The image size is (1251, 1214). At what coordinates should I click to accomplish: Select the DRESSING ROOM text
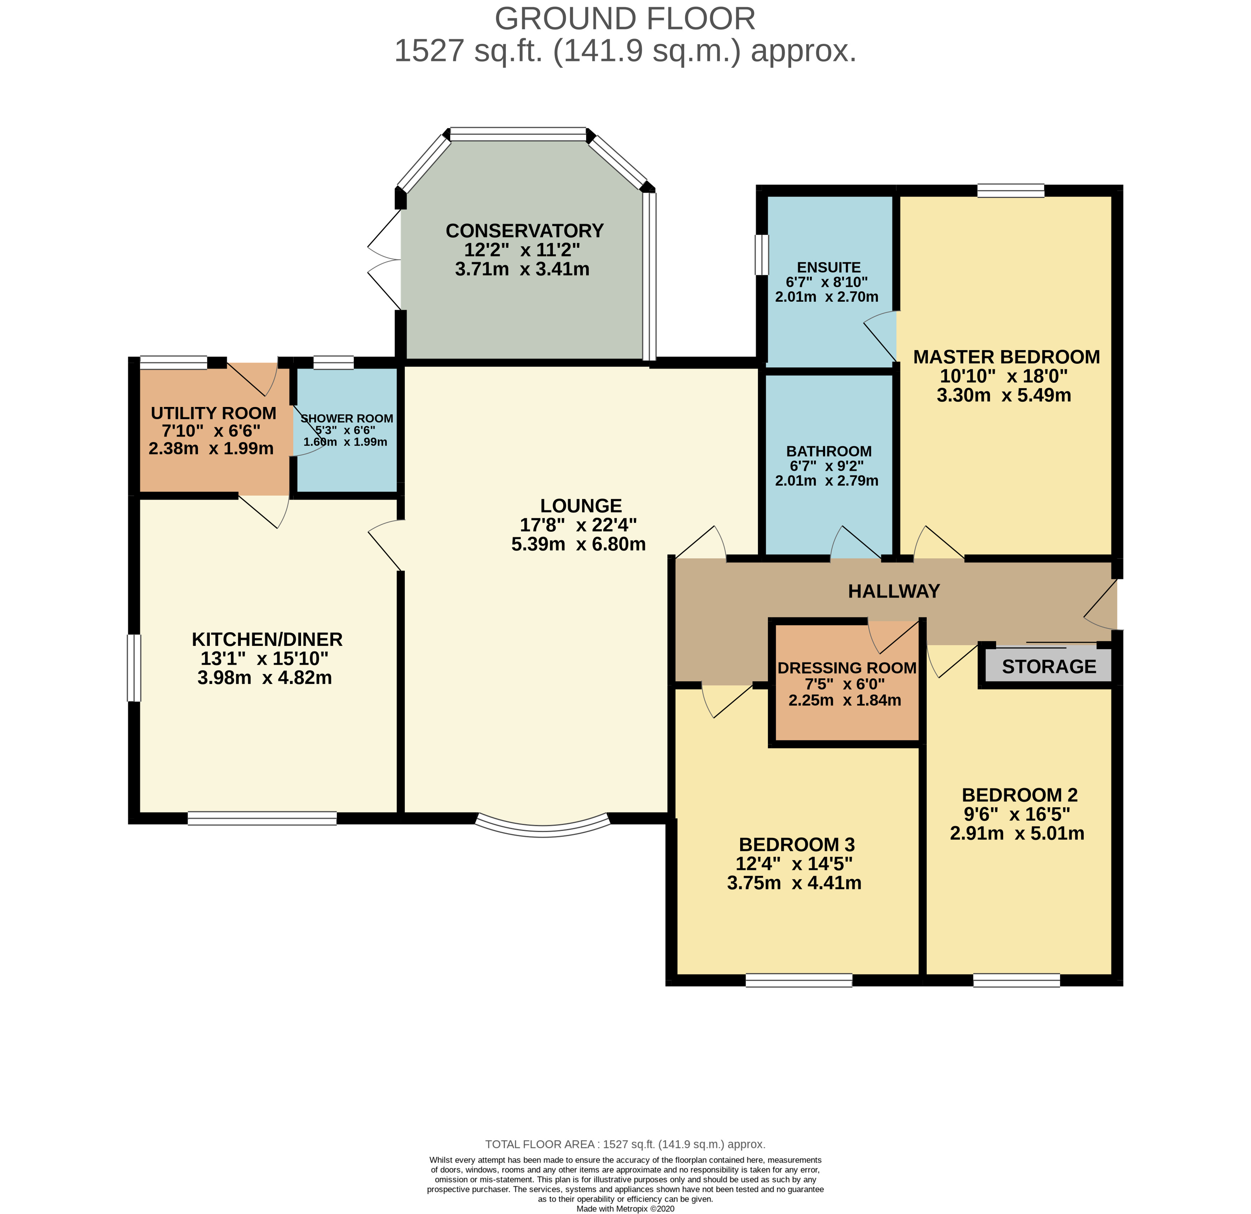click(847, 668)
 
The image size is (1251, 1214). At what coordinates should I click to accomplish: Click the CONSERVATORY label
click(525, 230)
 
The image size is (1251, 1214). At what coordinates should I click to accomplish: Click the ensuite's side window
click(762, 255)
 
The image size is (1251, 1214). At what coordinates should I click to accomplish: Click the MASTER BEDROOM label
click(1007, 357)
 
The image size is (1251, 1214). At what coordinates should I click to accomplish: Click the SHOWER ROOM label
click(347, 419)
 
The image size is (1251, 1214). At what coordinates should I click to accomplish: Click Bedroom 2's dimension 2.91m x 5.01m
click(1017, 833)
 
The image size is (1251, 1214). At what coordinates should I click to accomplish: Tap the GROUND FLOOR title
click(625, 19)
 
